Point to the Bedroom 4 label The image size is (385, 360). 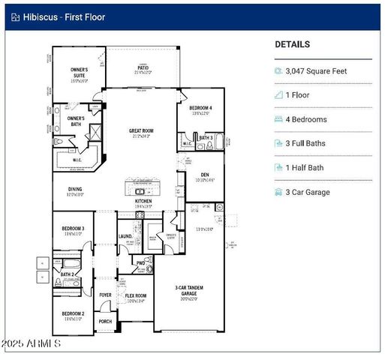click(200, 108)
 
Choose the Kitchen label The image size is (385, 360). click(143, 202)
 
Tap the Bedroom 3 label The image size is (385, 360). click(73, 228)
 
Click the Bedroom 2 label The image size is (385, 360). click(73, 313)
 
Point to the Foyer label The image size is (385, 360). click(105, 295)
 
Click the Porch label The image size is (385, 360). click(105, 321)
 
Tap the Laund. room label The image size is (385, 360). click(125, 237)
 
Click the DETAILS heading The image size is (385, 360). click(293, 44)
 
